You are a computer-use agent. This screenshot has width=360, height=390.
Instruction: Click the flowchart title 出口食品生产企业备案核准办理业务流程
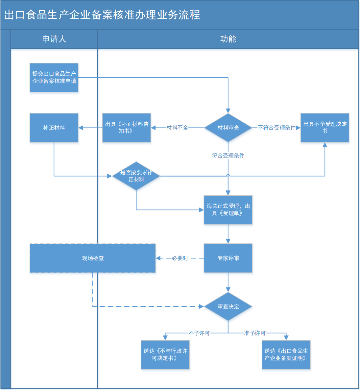102,15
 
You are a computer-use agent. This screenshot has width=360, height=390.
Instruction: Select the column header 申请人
54,39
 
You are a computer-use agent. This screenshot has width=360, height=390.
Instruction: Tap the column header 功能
228,39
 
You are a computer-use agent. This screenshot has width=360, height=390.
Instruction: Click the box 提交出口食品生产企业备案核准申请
54,78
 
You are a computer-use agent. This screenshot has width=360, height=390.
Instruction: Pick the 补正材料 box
54,128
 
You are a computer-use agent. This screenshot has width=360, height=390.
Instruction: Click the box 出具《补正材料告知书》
126,128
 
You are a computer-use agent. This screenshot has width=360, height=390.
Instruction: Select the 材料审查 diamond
228,128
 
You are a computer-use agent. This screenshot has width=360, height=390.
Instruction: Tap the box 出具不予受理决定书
325,128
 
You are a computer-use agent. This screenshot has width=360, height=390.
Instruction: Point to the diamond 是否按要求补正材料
136,176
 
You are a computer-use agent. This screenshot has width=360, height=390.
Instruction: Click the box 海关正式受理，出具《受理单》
228,210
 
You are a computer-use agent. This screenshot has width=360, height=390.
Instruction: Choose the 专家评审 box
228,258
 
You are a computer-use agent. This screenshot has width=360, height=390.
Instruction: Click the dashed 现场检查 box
93,258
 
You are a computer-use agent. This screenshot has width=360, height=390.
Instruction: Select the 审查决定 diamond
228,307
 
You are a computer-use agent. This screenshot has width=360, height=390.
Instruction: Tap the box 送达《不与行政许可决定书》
165,355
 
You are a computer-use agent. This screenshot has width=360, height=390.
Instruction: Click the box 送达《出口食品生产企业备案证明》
286,355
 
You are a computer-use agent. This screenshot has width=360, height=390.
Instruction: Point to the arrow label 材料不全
177,128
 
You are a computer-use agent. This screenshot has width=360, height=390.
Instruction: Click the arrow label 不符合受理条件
277,128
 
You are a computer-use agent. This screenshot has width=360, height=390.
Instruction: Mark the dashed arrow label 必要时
180,258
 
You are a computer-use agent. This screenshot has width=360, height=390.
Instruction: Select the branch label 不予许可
199,333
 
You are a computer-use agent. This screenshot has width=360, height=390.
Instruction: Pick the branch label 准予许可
255,333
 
